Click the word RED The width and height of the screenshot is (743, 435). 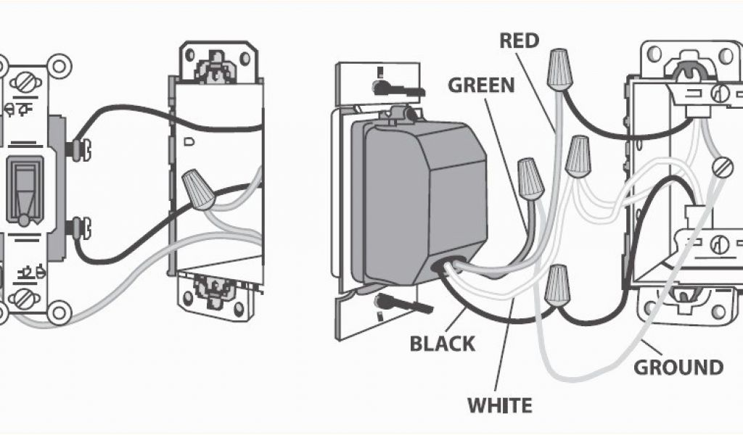pyautogui.click(x=519, y=41)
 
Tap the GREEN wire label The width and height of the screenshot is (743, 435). pyautogui.click(x=481, y=85)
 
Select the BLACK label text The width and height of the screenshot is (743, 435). pyautogui.click(x=443, y=342)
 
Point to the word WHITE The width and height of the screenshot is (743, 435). pyautogui.click(x=499, y=405)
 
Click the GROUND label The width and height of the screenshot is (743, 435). pyautogui.click(x=678, y=367)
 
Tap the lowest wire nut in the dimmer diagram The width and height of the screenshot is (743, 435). pyautogui.click(x=557, y=283)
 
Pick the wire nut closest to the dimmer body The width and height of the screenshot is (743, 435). pyautogui.click(x=530, y=179)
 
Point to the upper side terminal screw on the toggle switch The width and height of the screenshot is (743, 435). pyautogui.click(x=75, y=149)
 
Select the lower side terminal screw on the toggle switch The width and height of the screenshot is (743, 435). pyautogui.click(x=75, y=228)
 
